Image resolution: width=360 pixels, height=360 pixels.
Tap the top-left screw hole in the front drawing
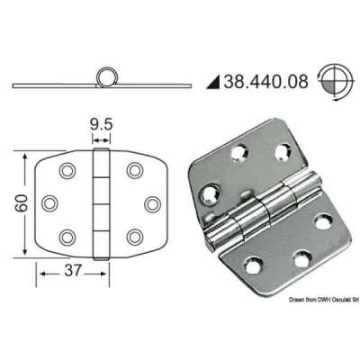[x=66, y=169]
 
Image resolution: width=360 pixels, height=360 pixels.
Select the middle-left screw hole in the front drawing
[x=50, y=202]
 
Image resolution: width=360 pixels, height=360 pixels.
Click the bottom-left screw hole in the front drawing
[x=66, y=236]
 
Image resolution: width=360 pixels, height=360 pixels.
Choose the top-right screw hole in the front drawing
[x=135, y=169]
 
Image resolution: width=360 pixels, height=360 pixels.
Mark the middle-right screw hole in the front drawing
[x=150, y=202]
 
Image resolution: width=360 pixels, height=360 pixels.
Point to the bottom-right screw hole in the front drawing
[x=135, y=236]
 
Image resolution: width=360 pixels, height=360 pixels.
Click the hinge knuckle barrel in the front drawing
[x=101, y=202]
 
